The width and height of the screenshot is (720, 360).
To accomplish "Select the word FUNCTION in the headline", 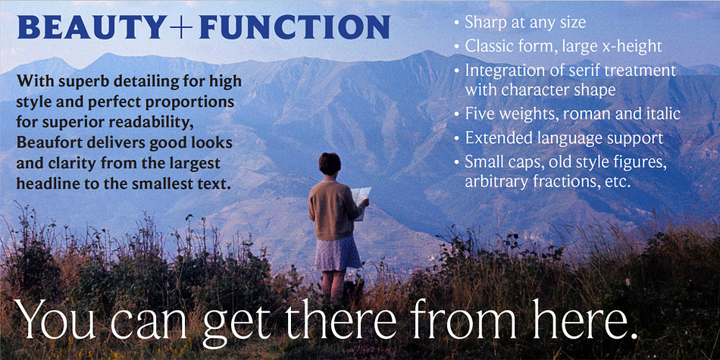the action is point(294,27).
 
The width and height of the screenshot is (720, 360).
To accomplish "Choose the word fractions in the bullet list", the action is point(565,181).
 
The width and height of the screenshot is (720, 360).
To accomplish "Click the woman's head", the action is point(330,164).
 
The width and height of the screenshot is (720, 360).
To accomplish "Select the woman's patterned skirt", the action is point(337,253).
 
